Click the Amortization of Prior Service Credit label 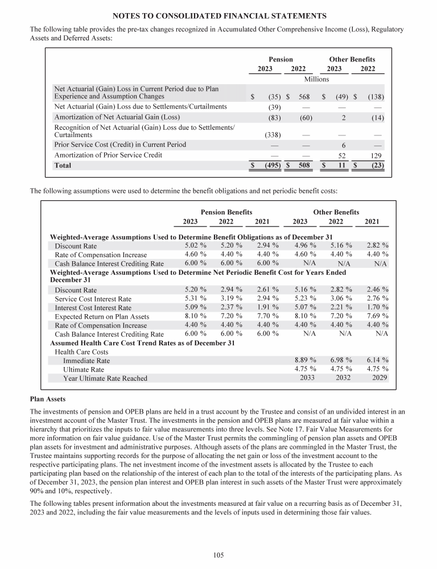click(108, 155)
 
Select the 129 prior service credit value click(374, 155)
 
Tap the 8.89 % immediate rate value click(306, 360)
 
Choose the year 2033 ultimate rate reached click(307, 378)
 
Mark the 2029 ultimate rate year click(380, 378)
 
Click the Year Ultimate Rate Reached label click(105, 378)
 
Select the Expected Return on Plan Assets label click(102, 316)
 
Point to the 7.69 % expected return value click(378, 316)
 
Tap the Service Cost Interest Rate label click(93, 299)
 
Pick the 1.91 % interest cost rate click(267, 308)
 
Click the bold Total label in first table click(63, 165)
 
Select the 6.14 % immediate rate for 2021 click(378, 360)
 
